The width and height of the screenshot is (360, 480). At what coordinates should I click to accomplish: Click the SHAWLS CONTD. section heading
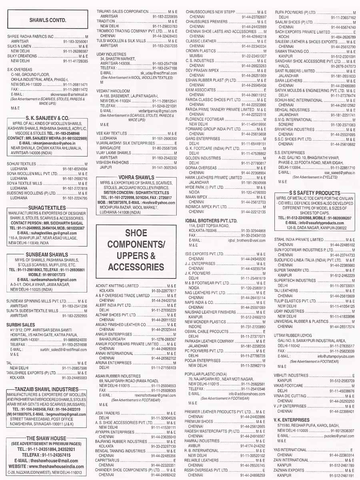[x=47, y=20]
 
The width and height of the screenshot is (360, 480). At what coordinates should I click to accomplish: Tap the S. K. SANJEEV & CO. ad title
[x=48, y=118]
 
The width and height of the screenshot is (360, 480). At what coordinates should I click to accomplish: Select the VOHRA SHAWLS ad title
[x=136, y=177]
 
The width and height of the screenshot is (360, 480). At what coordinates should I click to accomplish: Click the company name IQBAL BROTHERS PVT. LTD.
[x=211, y=220]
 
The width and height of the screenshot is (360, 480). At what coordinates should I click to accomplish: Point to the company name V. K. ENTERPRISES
[x=292, y=420]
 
